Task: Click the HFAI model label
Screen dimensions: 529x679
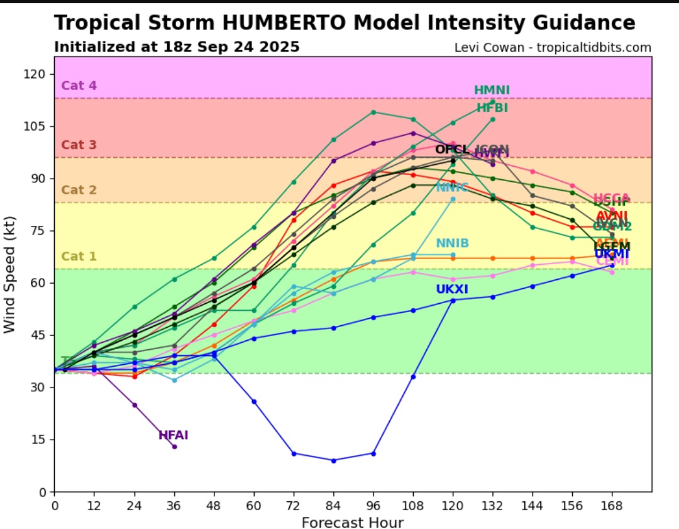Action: (x=173, y=435)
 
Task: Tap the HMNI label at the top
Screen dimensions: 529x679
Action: (x=492, y=91)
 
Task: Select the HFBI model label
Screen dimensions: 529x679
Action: (x=492, y=108)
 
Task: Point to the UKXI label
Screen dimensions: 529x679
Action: (x=452, y=289)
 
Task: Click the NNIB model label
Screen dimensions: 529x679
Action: (x=452, y=243)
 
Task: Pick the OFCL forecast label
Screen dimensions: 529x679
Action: (x=452, y=149)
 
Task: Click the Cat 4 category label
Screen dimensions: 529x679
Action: (x=79, y=86)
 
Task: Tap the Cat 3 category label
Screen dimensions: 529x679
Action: (x=79, y=145)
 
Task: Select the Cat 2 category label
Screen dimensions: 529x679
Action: (x=79, y=190)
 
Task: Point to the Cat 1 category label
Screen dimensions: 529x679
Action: (x=79, y=256)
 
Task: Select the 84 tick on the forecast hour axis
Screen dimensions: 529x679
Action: (x=333, y=504)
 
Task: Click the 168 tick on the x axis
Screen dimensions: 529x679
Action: (x=612, y=504)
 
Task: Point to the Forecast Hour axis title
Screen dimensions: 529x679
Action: (x=352, y=522)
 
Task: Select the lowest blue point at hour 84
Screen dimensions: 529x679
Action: (x=333, y=460)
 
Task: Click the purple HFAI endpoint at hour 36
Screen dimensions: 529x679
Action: (x=174, y=447)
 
